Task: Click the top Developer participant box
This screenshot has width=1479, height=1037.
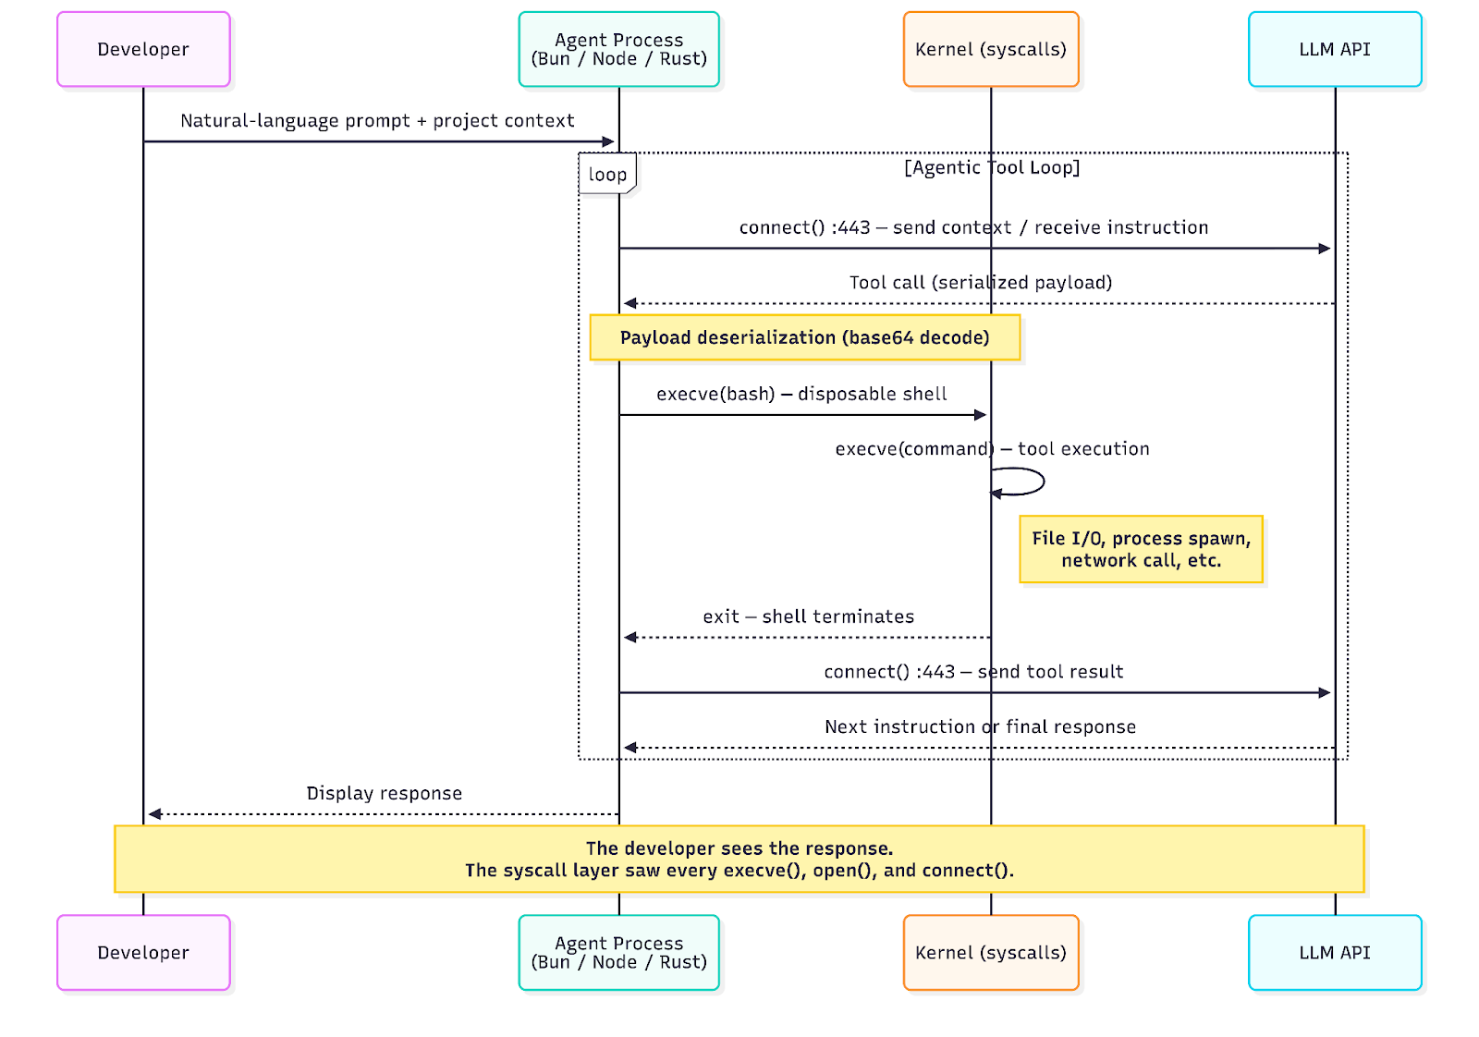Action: [143, 50]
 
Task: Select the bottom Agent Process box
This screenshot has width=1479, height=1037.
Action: [618, 953]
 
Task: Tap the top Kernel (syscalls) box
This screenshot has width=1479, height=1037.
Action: [991, 50]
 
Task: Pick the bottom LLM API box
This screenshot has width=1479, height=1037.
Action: [1335, 953]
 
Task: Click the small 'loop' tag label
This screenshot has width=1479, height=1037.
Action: [607, 175]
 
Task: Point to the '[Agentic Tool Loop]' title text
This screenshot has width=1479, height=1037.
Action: [992, 167]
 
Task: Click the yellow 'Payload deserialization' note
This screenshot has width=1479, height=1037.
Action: [804, 337]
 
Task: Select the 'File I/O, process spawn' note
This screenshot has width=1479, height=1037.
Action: [1141, 550]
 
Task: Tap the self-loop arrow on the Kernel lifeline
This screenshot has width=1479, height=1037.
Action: [1021, 482]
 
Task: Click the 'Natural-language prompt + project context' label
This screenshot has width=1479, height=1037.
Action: [377, 121]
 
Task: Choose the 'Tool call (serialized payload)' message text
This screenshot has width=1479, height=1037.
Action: [980, 283]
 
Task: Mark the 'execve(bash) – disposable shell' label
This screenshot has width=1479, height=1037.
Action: [801, 395]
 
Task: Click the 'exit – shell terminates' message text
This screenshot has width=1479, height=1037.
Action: [808, 616]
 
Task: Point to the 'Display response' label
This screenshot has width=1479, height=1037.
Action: [384, 793]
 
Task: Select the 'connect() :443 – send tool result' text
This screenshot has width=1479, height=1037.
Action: [973, 672]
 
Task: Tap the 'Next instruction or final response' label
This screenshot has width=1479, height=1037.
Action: [980, 727]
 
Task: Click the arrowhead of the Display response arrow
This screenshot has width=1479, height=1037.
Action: [155, 814]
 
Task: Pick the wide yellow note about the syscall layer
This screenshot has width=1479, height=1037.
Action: [739, 860]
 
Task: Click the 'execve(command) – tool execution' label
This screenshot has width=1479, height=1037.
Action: [992, 449]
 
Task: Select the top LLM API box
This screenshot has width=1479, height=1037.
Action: [1335, 50]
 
